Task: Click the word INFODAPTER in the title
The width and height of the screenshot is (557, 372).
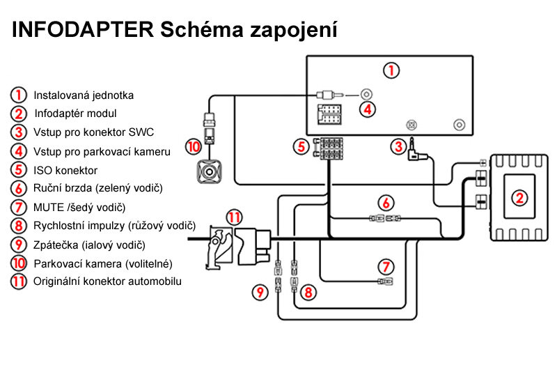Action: (x=82, y=31)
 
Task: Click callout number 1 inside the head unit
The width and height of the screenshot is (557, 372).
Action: (x=393, y=70)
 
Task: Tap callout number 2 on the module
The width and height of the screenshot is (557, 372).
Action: (x=519, y=198)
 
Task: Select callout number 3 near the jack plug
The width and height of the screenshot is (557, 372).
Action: (x=398, y=146)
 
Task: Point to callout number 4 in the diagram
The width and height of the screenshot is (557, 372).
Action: (x=368, y=109)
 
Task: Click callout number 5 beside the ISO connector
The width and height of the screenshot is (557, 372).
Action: (x=300, y=147)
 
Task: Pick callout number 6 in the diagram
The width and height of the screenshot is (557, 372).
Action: (x=386, y=203)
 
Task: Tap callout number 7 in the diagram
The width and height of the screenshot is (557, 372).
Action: (x=386, y=266)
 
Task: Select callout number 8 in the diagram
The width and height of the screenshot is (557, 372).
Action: (x=308, y=293)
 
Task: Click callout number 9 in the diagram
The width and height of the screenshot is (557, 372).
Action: (x=260, y=293)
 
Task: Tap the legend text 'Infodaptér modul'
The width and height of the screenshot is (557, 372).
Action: (x=75, y=114)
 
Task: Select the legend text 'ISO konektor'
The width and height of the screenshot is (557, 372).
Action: (x=65, y=170)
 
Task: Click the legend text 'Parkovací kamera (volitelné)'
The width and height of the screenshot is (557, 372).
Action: (x=102, y=264)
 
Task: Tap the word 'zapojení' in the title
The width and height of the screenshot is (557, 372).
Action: (x=293, y=31)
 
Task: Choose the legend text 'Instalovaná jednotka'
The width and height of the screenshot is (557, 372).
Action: (x=84, y=95)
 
